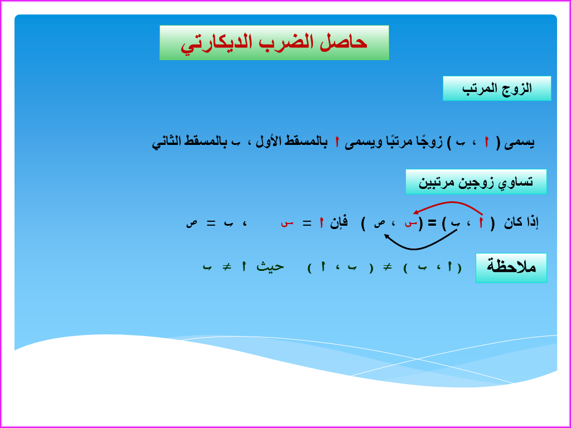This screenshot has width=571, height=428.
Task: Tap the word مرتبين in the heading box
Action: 437,182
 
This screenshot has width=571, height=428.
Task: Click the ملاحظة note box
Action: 511,267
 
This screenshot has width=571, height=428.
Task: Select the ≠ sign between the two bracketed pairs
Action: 385,267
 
